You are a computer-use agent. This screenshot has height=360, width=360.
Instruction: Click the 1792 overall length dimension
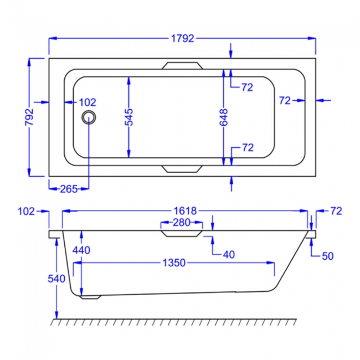(182, 39)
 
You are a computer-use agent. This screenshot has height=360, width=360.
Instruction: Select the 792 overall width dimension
(29, 117)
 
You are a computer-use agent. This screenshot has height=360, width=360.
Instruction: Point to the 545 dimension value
(128, 117)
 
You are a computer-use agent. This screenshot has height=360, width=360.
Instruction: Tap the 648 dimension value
(224, 117)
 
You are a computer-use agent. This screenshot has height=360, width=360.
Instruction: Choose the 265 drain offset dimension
(68, 189)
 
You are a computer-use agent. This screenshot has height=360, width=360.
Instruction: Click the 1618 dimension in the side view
(184, 211)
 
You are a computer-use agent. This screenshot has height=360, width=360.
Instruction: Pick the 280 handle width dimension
(182, 223)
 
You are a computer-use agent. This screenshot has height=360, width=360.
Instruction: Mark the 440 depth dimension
(81, 250)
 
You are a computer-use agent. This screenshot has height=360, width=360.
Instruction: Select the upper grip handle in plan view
(182, 65)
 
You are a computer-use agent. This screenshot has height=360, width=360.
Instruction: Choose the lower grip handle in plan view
(182, 168)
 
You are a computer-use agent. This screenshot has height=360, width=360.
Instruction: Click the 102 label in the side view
(26, 211)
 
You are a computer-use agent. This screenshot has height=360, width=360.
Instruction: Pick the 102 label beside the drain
(88, 102)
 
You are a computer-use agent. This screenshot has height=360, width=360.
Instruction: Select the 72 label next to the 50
(336, 211)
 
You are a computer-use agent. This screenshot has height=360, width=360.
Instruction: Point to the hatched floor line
(174, 322)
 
